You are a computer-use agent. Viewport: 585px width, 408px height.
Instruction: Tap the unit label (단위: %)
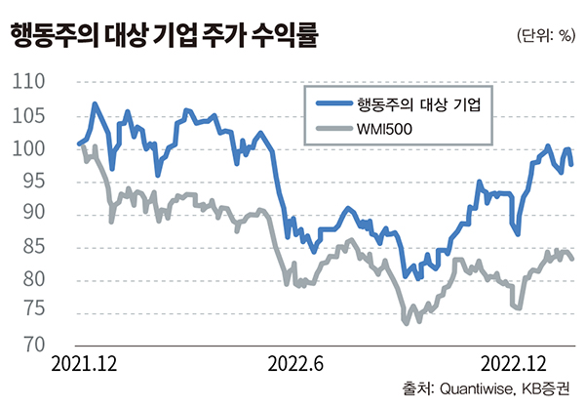click(x=546, y=37)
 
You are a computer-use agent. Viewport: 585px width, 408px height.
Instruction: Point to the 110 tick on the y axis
click(x=36, y=84)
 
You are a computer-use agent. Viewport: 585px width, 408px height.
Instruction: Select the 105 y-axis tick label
click(x=36, y=117)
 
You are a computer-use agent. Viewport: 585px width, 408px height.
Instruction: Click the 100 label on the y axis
click(x=36, y=149)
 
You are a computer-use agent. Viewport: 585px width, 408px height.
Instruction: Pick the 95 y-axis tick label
click(x=41, y=183)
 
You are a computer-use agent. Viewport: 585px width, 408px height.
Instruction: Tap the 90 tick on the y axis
click(x=41, y=215)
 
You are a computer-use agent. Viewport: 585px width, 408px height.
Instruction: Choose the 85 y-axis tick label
click(x=41, y=248)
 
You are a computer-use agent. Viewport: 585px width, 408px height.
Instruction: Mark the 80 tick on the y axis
click(x=41, y=280)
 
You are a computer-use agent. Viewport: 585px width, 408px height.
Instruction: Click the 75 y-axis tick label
click(x=41, y=313)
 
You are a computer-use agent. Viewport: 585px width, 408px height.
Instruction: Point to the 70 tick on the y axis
click(x=41, y=346)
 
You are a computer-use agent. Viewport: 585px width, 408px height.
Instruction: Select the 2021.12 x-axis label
click(x=85, y=364)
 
